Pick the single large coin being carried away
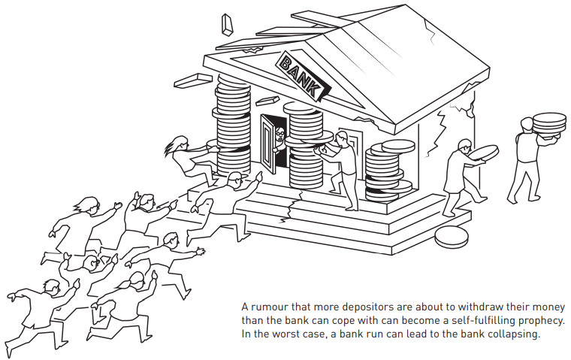click(484, 152)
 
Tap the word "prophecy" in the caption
click(539, 322)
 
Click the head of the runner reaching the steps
click(234, 180)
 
